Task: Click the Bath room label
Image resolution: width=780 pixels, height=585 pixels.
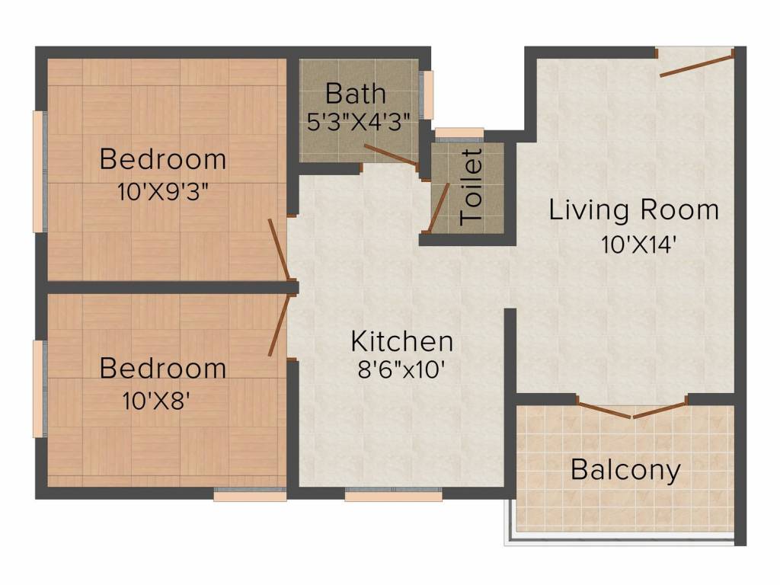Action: pyautogui.click(x=355, y=94)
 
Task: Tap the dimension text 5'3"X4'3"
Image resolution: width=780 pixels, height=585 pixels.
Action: pyautogui.click(x=359, y=121)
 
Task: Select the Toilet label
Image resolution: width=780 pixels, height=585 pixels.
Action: pyautogui.click(x=471, y=187)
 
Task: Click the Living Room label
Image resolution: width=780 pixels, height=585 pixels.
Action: pyautogui.click(x=634, y=209)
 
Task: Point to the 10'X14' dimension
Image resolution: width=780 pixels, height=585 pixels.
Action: pyautogui.click(x=638, y=245)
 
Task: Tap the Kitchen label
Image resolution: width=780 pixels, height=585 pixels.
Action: pyautogui.click(x=402, y=341)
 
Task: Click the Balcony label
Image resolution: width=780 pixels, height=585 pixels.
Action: pyautogui.click(x=625, y=470)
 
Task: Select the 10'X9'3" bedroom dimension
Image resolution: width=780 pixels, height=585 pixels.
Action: pyautogui.click(x=162, y=191)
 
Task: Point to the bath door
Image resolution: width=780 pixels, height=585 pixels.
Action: pyautogui.click(x=392, y=155)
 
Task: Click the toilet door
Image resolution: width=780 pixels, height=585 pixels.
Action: pyautogui.click(x=439, y=207)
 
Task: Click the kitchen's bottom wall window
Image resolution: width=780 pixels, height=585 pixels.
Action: pyautogui.click(x=394, y=494)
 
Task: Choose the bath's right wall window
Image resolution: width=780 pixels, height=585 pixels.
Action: pyautogui.click(x=427, y=94)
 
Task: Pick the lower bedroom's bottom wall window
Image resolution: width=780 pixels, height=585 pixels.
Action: pyautogui.click(x=250, y=494)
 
